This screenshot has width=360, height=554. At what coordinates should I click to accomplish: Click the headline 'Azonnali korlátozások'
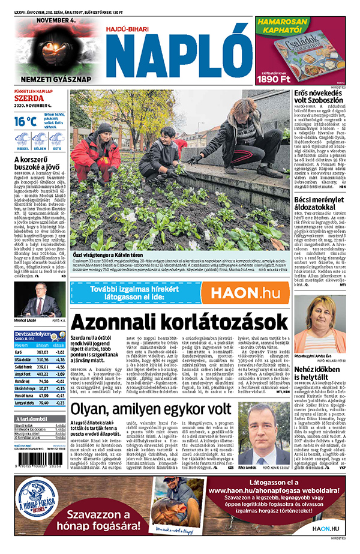pos(179,322)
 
